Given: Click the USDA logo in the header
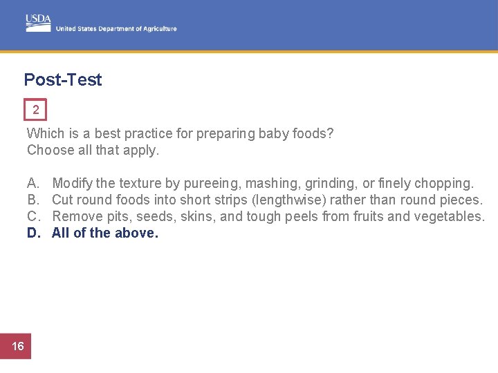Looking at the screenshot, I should point(39,22).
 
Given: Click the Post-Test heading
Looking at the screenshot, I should point(63,79).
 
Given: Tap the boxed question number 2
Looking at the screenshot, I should point(35,110).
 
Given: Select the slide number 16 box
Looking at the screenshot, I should point(18,346).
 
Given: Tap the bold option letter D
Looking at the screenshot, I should point(33,233).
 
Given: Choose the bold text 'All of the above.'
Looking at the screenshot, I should point(105,233).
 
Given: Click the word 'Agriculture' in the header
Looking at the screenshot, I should point(160,29).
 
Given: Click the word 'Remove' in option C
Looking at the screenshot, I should point(73,216).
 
